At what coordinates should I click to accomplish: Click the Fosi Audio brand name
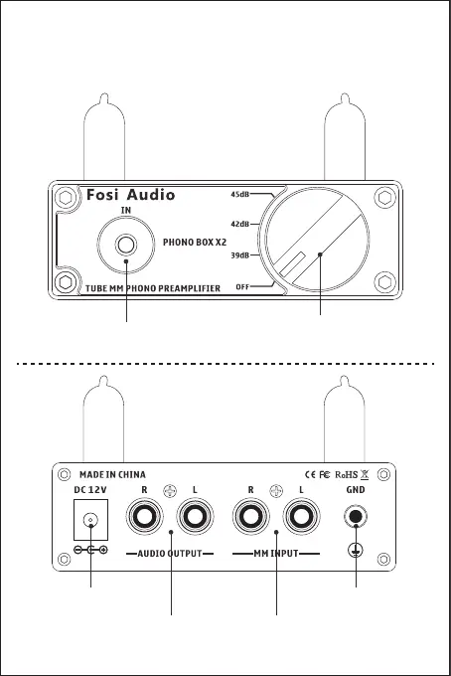[x=130, y=195]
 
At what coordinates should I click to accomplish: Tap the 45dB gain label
[x=239, y=195]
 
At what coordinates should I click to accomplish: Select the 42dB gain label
[x=239, y=225]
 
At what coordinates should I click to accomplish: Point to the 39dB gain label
[x=239, y=255]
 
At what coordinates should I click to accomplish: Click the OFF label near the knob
[x=242, y=286]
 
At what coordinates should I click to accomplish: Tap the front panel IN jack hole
[x=126, y=245]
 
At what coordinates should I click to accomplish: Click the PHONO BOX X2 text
[x=195, y=243]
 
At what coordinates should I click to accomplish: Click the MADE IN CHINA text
[x=112, y=474]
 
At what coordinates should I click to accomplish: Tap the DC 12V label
[x=90, y=490]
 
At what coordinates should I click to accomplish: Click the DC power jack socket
[x=90, y=520]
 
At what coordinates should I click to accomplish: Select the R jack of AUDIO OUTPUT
[x=145, y=516]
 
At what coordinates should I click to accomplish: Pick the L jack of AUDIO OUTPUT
[x=195, y=516]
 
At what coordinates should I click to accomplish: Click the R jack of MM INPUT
[x=250, y=516]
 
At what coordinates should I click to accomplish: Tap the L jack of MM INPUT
[x=301, y=516]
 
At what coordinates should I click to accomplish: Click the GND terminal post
[x=356, y=516]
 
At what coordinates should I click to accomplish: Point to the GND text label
[x=356, y=490]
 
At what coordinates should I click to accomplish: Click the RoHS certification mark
[x=347, y=474]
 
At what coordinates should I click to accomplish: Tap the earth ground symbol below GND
[x=356, y=550]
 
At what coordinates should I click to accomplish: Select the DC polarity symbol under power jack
[x=90, y=550]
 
